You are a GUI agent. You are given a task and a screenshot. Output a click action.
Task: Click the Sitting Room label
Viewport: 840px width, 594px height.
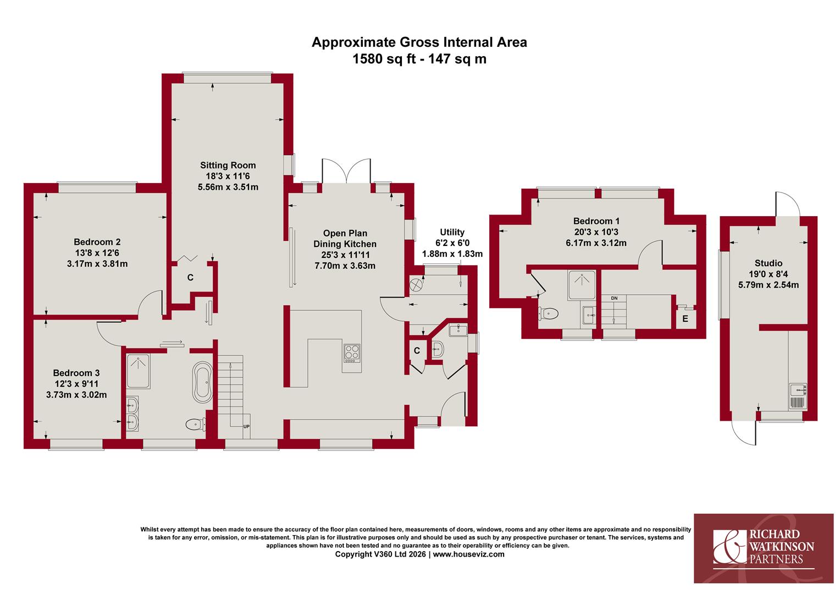[x=228, y=165]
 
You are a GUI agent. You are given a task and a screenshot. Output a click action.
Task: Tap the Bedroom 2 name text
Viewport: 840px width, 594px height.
[x=97, y=242]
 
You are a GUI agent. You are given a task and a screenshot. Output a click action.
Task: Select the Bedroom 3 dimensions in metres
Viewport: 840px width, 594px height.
[x=76, y=395]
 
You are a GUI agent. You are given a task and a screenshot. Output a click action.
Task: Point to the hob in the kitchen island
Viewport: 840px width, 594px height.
[x=352, y=353]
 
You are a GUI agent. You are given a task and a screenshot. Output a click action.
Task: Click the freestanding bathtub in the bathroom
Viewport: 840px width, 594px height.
[x=202, y=382]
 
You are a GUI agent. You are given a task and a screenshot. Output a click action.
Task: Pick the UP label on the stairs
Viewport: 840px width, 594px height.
[x=246, y=427]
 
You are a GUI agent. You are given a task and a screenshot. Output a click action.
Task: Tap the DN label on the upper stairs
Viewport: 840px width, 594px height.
[x=614, y=298]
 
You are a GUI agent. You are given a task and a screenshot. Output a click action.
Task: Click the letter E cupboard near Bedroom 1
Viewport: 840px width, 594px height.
[x=685, y=319]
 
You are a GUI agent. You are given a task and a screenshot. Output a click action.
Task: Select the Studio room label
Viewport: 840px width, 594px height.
[x=769, y=263]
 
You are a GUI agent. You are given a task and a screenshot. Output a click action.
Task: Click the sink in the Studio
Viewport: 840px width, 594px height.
[x=798, y=390]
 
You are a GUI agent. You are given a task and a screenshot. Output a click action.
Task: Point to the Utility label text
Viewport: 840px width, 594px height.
[x=452, y=232]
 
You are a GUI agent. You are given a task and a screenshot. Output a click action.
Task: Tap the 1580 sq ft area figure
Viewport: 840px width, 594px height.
[x=384, y=59]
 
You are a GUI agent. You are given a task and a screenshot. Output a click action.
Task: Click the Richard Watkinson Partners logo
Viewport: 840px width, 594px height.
[x=764, y=548]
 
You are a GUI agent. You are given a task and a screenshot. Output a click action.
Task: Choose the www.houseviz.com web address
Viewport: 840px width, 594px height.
[x=469, y=554]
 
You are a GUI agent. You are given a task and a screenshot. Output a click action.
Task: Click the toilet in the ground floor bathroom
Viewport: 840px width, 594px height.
[x=196, y=425]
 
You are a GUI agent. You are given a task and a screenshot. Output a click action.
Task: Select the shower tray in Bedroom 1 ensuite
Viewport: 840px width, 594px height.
[x=582, y=285]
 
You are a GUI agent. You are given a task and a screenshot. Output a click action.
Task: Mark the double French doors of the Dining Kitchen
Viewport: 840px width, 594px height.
[x=346, y=171]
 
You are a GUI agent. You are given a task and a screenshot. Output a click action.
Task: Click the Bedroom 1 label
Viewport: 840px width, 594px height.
[x=596, y=221]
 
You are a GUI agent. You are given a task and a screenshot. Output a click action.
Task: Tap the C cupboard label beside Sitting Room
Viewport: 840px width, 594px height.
[x=191, y=278]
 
